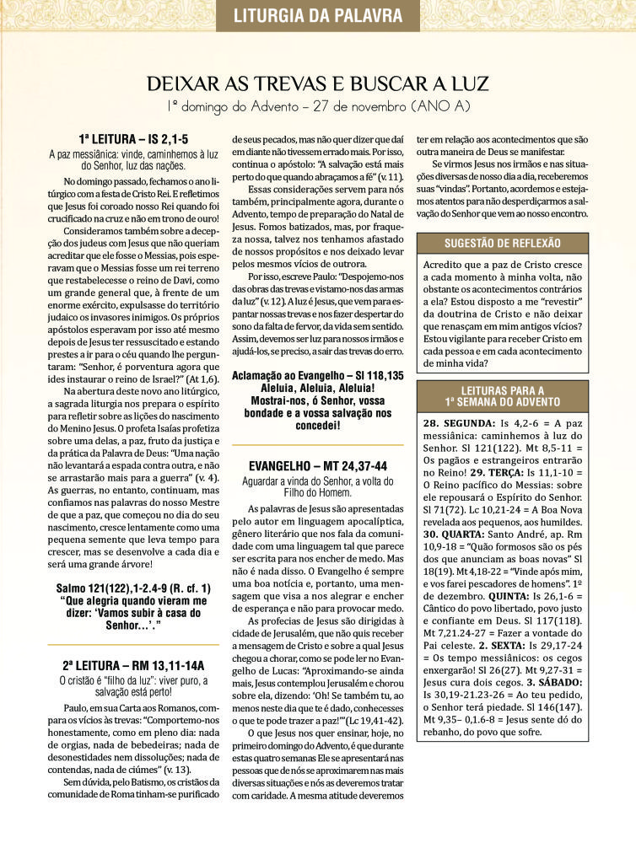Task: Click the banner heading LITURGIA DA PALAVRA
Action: [x=317, y=14]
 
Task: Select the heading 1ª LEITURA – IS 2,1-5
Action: [x=133, y=139]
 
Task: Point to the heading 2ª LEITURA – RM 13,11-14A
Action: [x=133, y=665]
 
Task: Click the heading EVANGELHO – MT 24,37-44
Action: [x=318, y=465]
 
